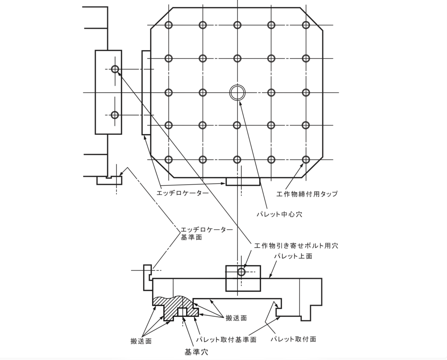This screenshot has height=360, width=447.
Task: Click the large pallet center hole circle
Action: tap(237, 85)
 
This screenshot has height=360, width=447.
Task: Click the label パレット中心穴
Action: tap(279, 214)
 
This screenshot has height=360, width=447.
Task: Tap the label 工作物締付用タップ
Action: tap(307, 194)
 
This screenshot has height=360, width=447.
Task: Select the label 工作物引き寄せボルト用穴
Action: tap(296, 246)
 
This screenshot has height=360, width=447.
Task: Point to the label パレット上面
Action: tap(293, 256)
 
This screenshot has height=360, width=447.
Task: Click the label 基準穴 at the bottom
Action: tap(196, 352)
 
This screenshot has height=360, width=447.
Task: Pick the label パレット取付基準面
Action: tap(226, 340)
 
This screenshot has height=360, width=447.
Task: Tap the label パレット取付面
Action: tap(293, 339)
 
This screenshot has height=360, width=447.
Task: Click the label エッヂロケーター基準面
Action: tap(207, 233)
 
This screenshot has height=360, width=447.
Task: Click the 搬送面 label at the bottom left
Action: tap(141, 341)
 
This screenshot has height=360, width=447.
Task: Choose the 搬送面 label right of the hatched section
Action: tap(236, 318)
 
